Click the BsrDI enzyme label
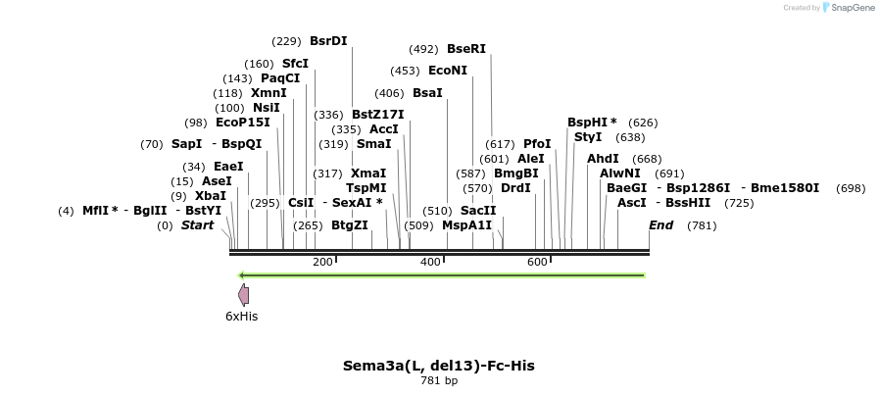click(x=328, y=41)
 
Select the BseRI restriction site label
click(x=466, y=49)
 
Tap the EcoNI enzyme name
click(x=448, y=71)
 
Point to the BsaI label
click(x=427, y=93)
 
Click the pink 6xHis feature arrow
click(x=244, y=295)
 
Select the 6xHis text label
click(x=241, y=317)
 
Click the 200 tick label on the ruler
click(x=322, y=263)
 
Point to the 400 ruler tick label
click(x=430, y=263)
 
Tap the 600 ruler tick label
click(x=538, y=263)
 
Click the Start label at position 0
click(x=197, y=225)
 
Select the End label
click(x=661, y=225)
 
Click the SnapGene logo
click(x=848, y=8)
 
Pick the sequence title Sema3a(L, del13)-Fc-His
click(x=439, y=366)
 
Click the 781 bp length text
click(x=439, y=381)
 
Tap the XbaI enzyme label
click(x=211, y=196)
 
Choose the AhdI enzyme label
click(x=603, y=159)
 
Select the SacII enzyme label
click(x=478, y=211)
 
